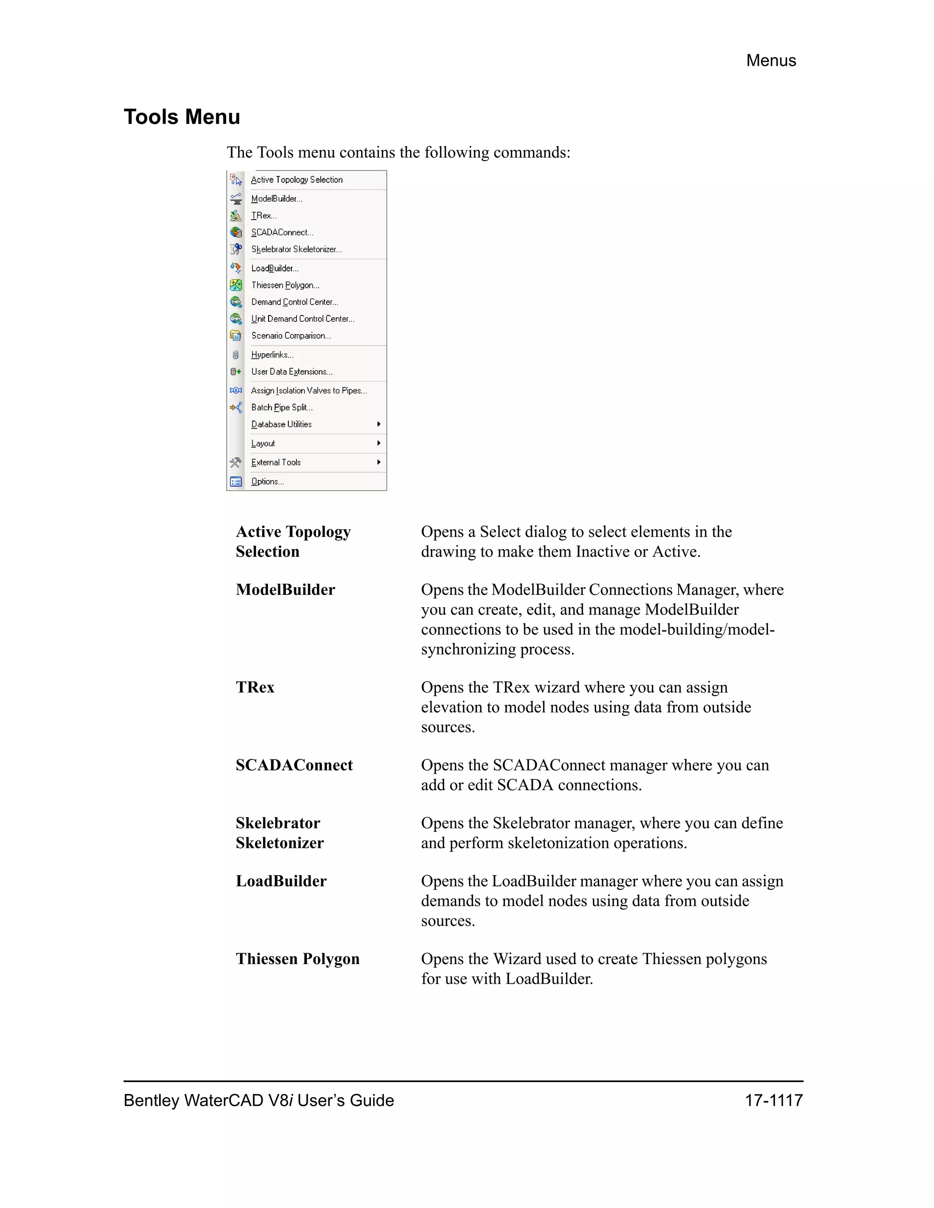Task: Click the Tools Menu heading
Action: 182,117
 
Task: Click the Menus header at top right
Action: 770,60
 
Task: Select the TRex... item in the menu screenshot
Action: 264,216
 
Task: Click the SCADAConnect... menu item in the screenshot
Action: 282,232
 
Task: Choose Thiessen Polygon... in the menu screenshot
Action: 285,285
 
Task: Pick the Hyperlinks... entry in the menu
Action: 272,355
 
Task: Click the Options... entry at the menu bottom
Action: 267,482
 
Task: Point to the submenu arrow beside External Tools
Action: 379,462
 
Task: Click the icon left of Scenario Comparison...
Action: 236,336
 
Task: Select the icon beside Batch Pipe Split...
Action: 236,408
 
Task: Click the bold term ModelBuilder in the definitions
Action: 285,589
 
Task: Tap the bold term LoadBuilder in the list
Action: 281,881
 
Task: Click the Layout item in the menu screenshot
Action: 263,444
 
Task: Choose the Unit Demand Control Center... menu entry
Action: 303,319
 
